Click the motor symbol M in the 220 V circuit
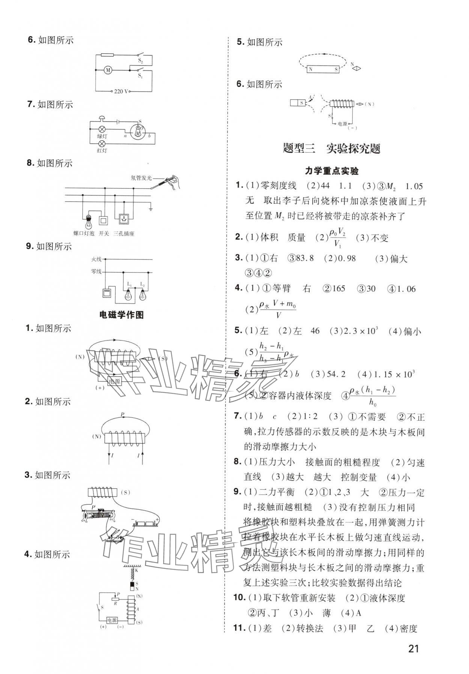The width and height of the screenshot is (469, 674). point(108,70)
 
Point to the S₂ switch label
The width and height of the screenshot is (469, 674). point(140,60)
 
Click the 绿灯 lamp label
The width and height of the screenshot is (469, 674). point(102,136)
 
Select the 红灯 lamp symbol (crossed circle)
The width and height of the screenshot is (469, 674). point(102,144)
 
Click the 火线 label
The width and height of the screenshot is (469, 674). point(96,259)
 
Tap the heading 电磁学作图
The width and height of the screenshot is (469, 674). point(122,314)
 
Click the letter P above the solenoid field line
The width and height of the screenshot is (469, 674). point(122,415)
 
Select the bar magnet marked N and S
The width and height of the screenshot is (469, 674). point(323,69)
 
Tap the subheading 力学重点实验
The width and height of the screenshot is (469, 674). point(332,171)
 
